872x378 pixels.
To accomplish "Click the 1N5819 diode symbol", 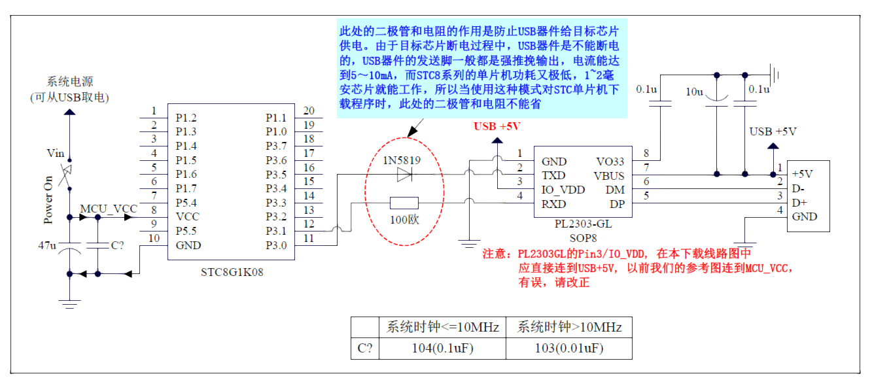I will tap(405, 175).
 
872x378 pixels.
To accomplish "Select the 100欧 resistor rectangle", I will tap(404, 203).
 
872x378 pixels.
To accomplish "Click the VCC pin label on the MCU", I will tap(187, 217).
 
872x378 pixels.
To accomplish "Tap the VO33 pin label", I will tap(610, 162).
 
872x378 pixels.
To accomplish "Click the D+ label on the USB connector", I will tap(799, 203).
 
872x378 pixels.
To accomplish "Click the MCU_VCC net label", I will tap(109, 209).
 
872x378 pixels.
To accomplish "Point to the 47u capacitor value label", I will tap(48, 245).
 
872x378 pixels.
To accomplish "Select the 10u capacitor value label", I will tap(695, 92).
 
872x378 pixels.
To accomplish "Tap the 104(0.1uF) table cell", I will tap(442, 348).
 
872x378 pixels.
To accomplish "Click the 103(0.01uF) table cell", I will tap(569, 348).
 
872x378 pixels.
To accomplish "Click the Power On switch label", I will tap(48, 199).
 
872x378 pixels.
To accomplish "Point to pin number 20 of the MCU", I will tap(309, 111).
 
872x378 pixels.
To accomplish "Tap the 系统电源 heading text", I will tap(69, 82).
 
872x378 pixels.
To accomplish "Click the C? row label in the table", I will tap(365, 348).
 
